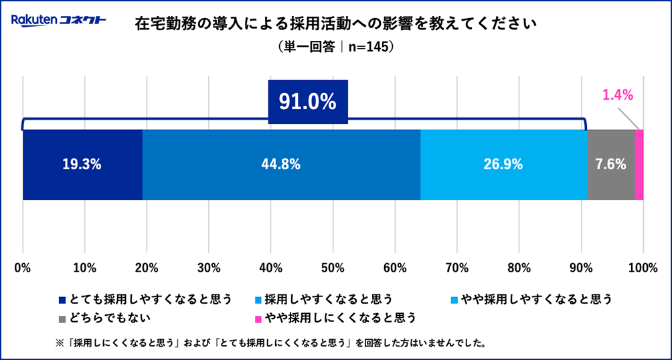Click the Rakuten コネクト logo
click(x=58, y=21)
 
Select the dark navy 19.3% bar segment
click(x=82, y=165)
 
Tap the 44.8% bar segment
click(x=281, y=165)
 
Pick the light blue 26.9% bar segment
click(x=503, y=165)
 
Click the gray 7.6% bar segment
click(x=610, y=165)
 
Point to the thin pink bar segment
click(x=639, y=165)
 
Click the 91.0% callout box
click(x=308, y=102)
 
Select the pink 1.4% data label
click(x=617, y=95)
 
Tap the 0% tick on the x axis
click(x=23, y=268)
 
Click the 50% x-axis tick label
click(x=333, y=268)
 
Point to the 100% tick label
click(x=643, y=268)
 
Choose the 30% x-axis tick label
click(x=209, y=268)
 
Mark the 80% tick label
click(x=519, y=268)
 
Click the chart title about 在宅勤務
click(x=336, y=25)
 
